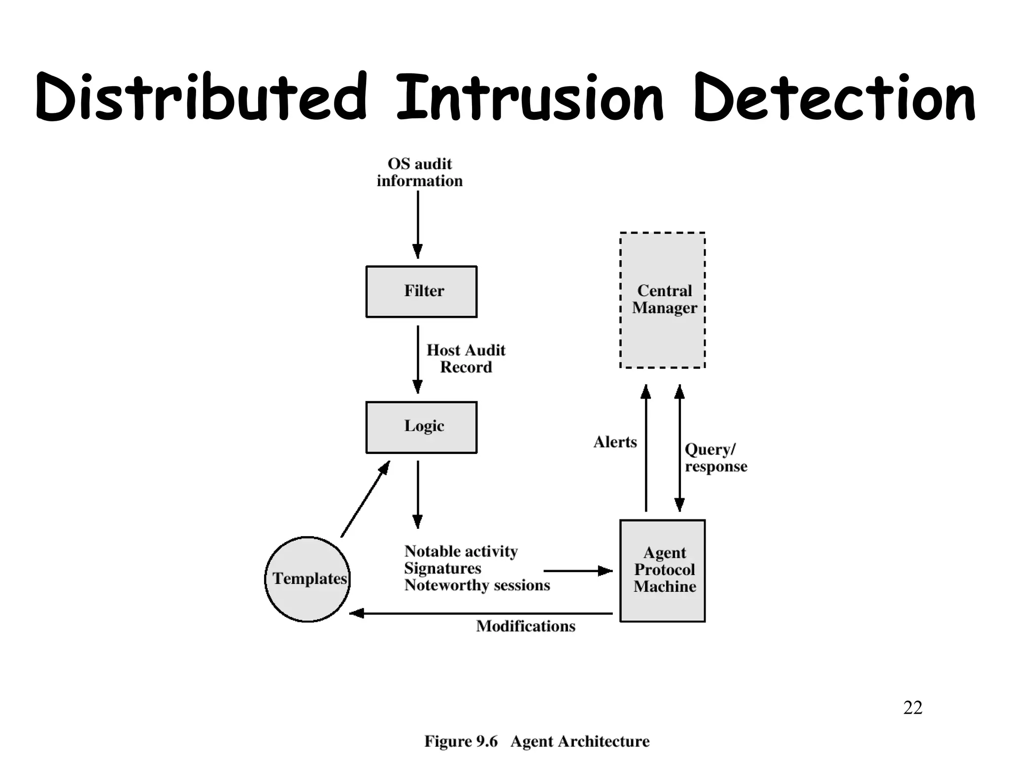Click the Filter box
(421, 291)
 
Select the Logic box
(421, 427)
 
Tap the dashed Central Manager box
(662, 300)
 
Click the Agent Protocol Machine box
(662, 570)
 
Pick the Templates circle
(307, 579)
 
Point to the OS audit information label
(419, 172)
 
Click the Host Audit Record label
(466, 358)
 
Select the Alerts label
(615, 442)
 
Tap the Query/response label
(715, 457)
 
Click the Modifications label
(525, 626)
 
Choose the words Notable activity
(461, 551)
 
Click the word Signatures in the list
(442, 568)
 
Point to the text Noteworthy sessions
(476, 585)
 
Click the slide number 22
(912, 707)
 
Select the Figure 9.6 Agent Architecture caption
(537, 741)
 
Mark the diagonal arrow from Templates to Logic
(365, 499)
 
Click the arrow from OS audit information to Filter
(418, 224)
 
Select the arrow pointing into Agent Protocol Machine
(577, 571)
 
